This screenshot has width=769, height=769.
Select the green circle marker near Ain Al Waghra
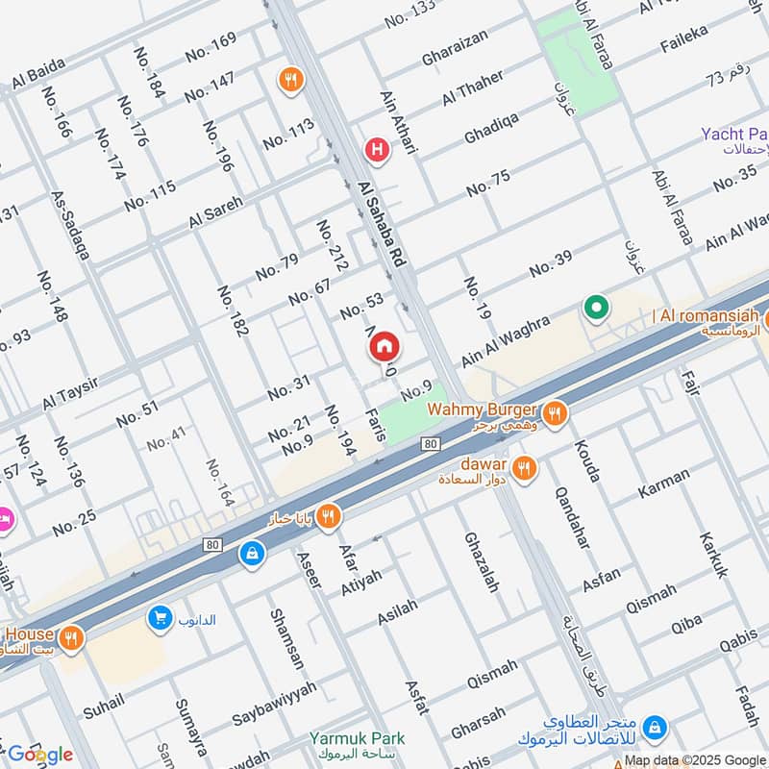(596, 310)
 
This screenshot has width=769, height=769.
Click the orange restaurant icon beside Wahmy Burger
(553, 414)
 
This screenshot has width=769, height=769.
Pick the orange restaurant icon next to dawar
(524, 468)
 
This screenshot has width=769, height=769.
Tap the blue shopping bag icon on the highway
(252, 554)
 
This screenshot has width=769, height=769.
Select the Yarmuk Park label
(357, 738)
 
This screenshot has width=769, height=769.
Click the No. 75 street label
(488, 184)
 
